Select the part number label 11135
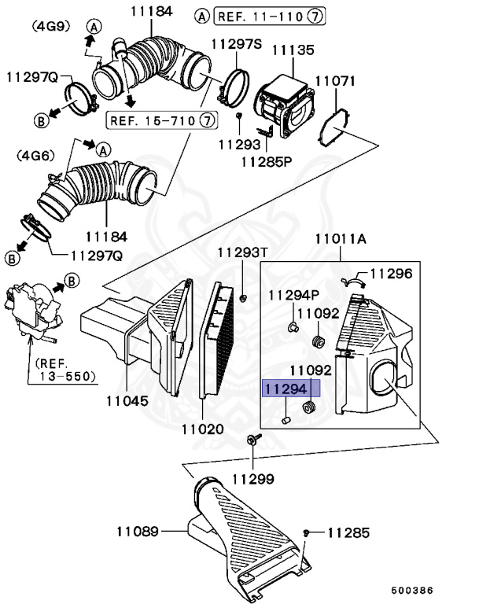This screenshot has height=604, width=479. click(x=293, y=50)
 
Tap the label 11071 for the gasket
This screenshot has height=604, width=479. click(x=335, y=81)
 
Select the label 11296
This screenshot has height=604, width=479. click(x=391, y=274)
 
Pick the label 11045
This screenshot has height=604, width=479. click(x=127, y=400)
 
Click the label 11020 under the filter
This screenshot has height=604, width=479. click(x=202, y=429)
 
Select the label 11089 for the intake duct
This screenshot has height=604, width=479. click(x=138, y=532)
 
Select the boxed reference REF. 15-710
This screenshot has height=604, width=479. click(x=160, y=120)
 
